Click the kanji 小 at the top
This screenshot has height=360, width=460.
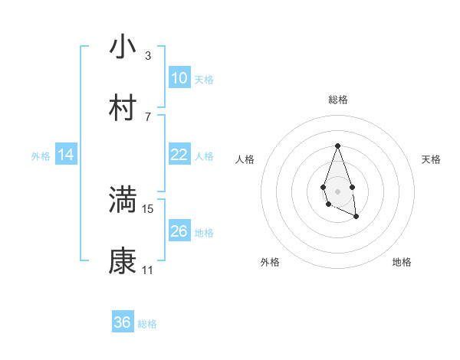(123, 47)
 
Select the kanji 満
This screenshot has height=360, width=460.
(123, 201)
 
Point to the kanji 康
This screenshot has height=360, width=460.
(123, 262)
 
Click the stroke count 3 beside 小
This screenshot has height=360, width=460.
(148, 55)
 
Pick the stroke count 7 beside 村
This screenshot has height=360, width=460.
(148, 116)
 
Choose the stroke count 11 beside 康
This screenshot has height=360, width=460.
(148, 270)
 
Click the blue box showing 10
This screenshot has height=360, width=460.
(179, 78)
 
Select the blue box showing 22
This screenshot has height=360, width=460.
(179, 155)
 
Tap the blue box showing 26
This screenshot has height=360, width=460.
(179, 231)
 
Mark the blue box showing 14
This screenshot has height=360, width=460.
(66, 155)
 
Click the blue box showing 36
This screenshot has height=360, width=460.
(123, 322)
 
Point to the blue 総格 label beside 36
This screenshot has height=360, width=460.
(147, 324)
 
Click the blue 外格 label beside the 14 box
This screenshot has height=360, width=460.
(41, 156)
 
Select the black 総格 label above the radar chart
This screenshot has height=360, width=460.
(337, 100)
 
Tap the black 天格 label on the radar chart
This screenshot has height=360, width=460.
(432, 159)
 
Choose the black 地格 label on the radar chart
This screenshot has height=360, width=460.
(402, 262)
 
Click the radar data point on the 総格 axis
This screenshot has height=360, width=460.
(337, 146)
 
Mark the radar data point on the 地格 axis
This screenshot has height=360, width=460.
(356, 217)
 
